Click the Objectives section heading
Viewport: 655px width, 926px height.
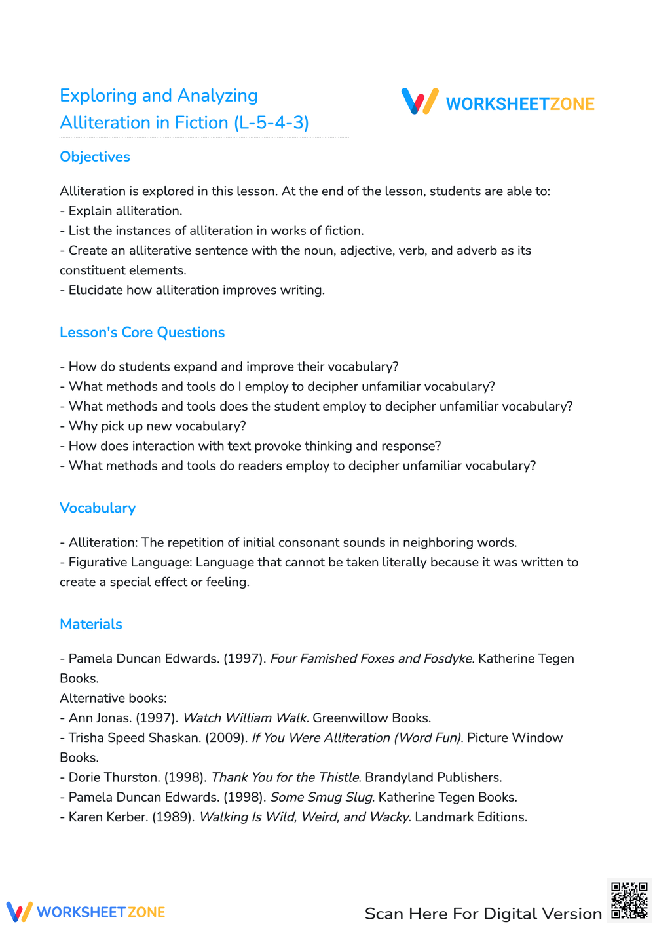pos(95,157)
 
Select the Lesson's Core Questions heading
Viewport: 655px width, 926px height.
pos(142,333)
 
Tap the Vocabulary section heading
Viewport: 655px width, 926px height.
pos(98,508)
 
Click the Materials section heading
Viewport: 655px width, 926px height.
pos(91,624)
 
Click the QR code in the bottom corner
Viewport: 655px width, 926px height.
pos(629,900)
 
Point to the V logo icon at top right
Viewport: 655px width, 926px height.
pos(420,102)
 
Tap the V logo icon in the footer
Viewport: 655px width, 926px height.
pos(19,912)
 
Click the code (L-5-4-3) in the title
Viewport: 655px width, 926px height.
pos(271,123)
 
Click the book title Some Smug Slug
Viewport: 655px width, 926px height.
pos(322,798)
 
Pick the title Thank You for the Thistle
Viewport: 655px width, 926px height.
pos(286,778)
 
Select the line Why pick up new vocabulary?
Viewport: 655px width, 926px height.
pos(157,426)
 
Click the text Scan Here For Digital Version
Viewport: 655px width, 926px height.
pos(483,914)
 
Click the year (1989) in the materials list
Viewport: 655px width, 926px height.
pos(174,817)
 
